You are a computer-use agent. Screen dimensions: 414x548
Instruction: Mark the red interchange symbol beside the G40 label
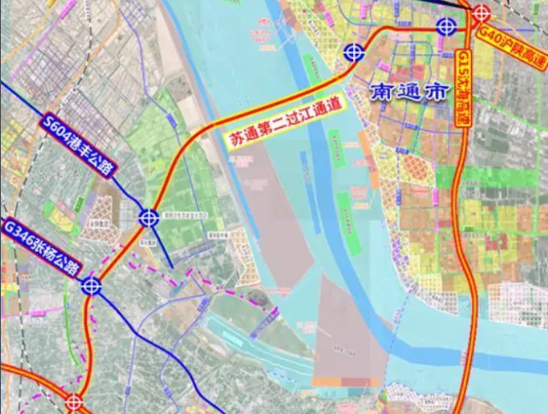pyautogui.click(x=481, y=14)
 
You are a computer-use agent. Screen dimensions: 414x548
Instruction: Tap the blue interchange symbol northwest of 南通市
pyautogui.click(x=353, y=54)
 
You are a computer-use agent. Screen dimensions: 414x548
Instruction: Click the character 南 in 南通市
pyautogui.click(x=382, y=93)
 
